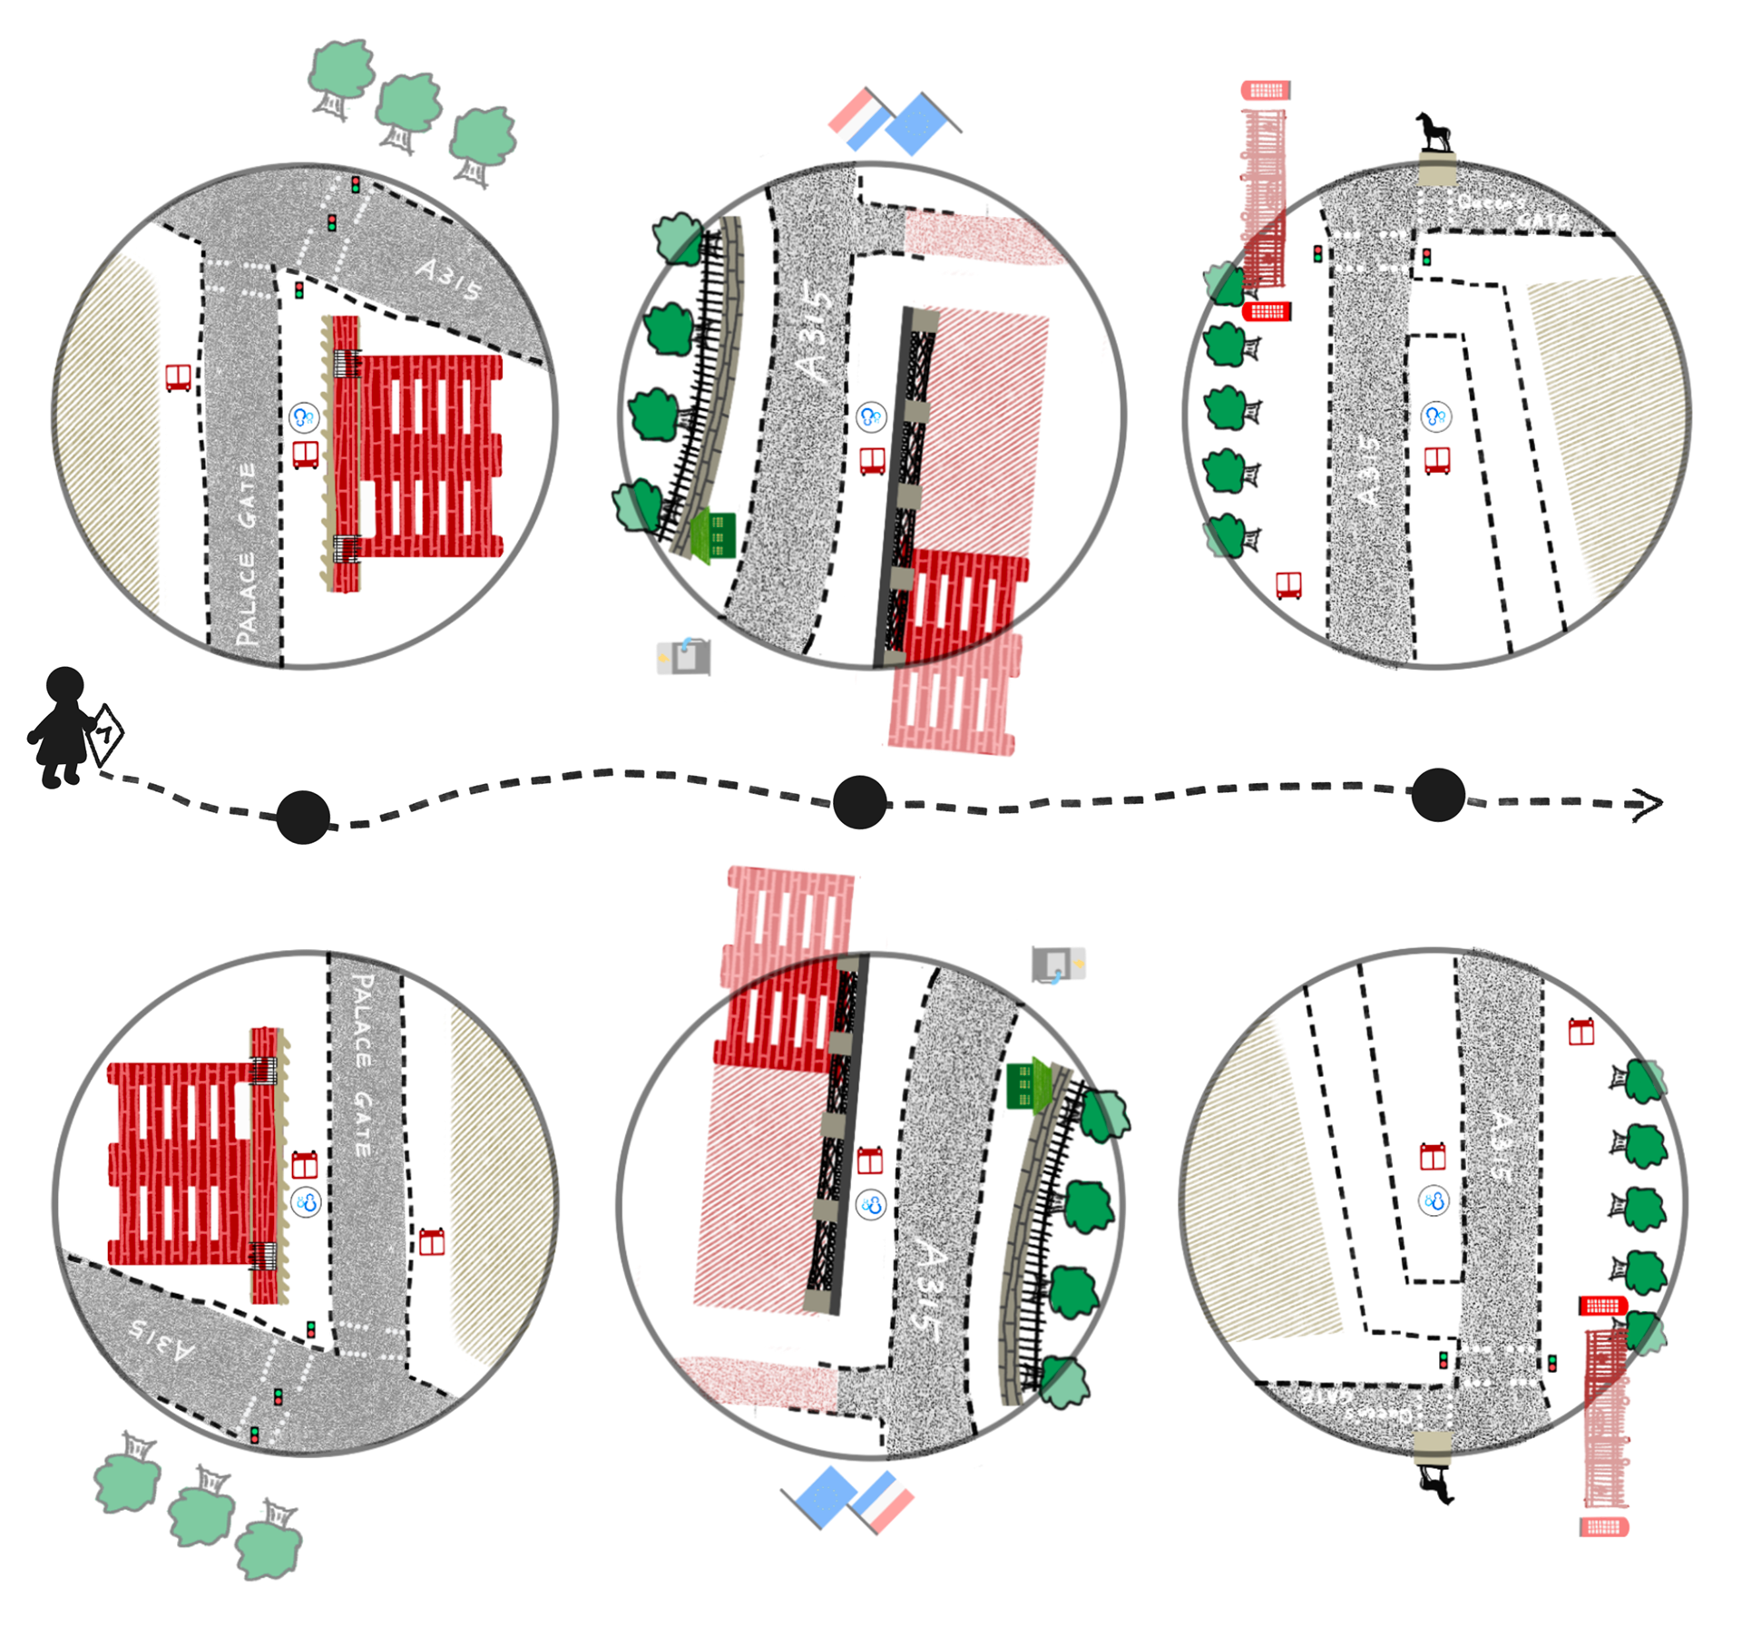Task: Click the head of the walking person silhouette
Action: (x=64, y=686)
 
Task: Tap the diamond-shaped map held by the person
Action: (x=105, y=732)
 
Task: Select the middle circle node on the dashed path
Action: (x=859, y=802)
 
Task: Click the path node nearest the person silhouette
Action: (x=303, y=817)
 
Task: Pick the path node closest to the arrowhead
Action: (x=1437, y=795)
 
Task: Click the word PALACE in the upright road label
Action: (x=246, y=600)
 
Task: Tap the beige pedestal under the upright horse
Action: (x=1437, y=170)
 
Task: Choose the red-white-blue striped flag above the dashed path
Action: (x=857, y=118)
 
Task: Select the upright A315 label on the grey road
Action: (x=448, y=279)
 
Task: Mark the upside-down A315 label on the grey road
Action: (x=161, y=1340)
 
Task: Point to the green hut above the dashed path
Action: (x=715, y=535)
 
